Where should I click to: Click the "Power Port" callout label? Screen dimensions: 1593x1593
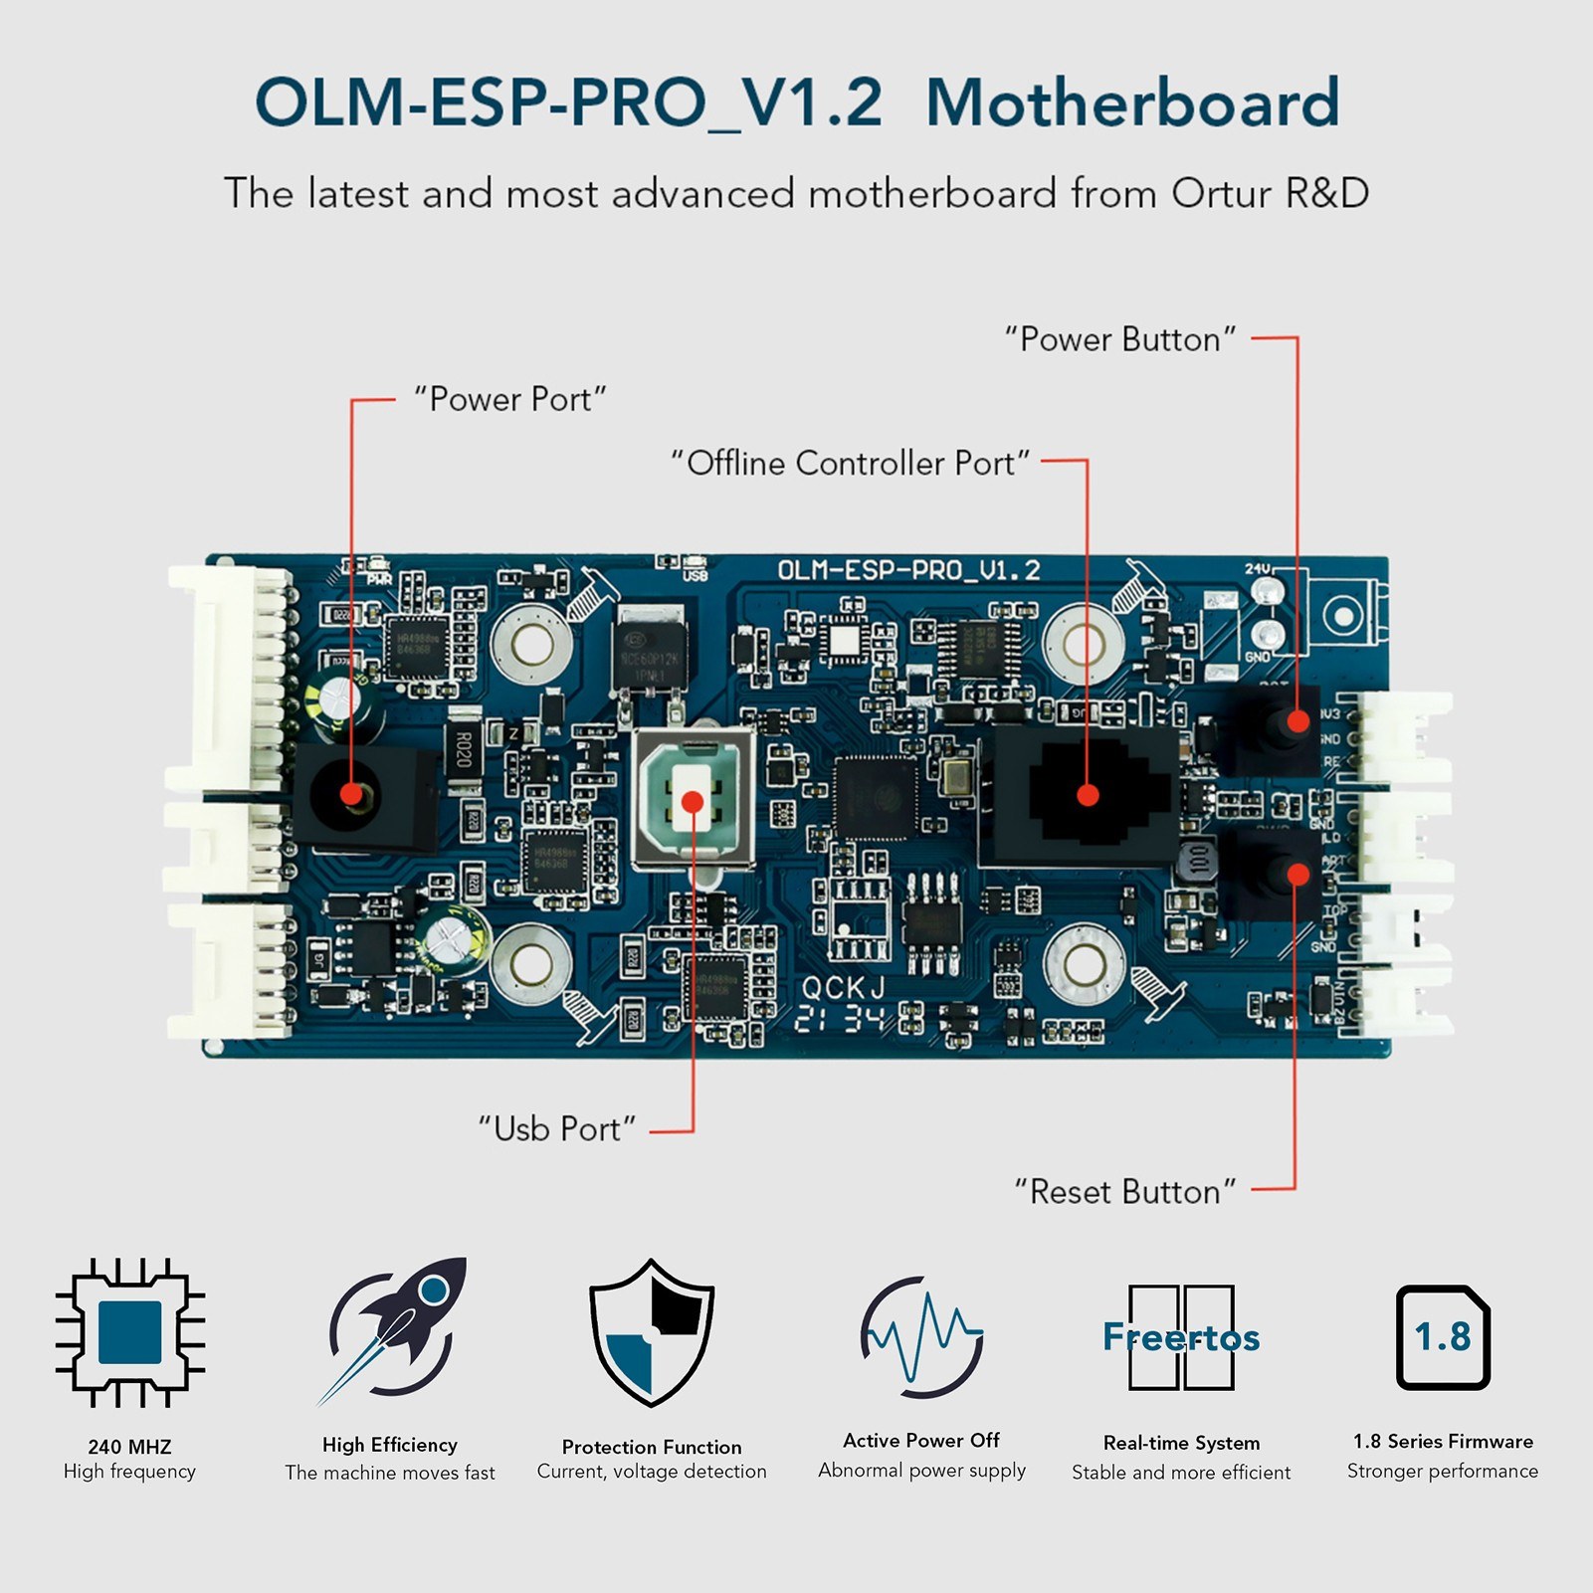[x=509, y=400]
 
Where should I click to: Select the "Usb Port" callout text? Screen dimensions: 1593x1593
[x=556, y=1129]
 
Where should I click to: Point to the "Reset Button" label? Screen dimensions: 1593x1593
[x=1124, y=1192]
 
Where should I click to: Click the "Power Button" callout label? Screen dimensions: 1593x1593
[x=1120, y=340]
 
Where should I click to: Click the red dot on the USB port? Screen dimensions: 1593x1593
[x=694, y=802]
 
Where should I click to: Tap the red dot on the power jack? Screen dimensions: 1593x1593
[x=350, y=794]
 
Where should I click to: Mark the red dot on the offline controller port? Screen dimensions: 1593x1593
[x=1088, y=795]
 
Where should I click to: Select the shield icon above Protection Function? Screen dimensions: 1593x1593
[x=652, y=1333]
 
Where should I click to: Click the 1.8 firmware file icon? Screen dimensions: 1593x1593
[x=1443, y=1336]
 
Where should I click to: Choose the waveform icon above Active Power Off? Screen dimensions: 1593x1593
[x=921, y=1336]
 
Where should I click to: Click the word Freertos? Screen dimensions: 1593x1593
[x=1181, y=1337]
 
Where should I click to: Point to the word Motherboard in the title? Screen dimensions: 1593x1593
[x=1132, y=103]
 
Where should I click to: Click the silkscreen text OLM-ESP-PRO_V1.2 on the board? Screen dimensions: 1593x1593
[x=908, y=570]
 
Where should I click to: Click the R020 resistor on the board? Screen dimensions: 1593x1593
[x=463, y=749]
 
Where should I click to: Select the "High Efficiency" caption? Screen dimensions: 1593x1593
[x=390, y=1445]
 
